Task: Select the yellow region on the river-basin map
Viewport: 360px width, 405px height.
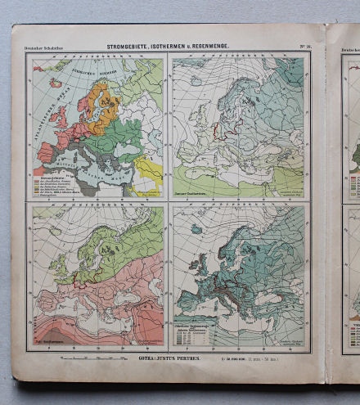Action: [148, 171]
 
